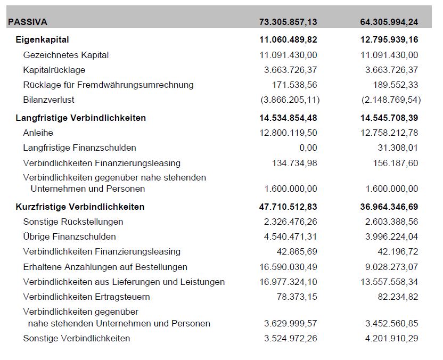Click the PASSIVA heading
pos(28,22)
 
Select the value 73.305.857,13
pos(288,22)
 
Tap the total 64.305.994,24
pos(389,22)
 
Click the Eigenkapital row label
pos(43,39)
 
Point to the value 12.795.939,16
pos(389,39)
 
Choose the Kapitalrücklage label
pos(54,70)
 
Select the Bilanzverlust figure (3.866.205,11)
pos(290,100)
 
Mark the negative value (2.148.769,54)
pos(390,100)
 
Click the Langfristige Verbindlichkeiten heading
pos(81,118)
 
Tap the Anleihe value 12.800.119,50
pos(288,133)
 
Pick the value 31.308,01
pos(398,148)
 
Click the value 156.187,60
pos(395,163)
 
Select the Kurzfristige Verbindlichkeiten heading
pos(80,207)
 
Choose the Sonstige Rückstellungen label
pos(73,222)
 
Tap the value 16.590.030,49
pos(288,267)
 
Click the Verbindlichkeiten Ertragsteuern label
pos(87,297)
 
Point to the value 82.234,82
pos(398,297)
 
